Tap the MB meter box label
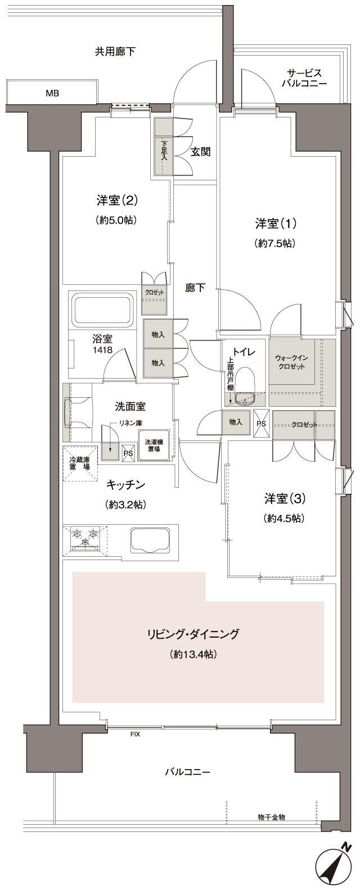pos(52,93)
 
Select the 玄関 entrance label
pos(200,152)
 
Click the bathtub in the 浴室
pos(102,311)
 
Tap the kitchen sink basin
pos(150,540)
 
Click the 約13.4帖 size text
pos(193,654)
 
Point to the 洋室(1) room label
pos(276,224)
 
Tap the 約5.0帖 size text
pos(117,220)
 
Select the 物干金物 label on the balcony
pos(271,816)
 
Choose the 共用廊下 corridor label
pos(115,52)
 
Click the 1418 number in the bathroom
pos(102,350)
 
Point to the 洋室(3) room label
pos(285,498)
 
